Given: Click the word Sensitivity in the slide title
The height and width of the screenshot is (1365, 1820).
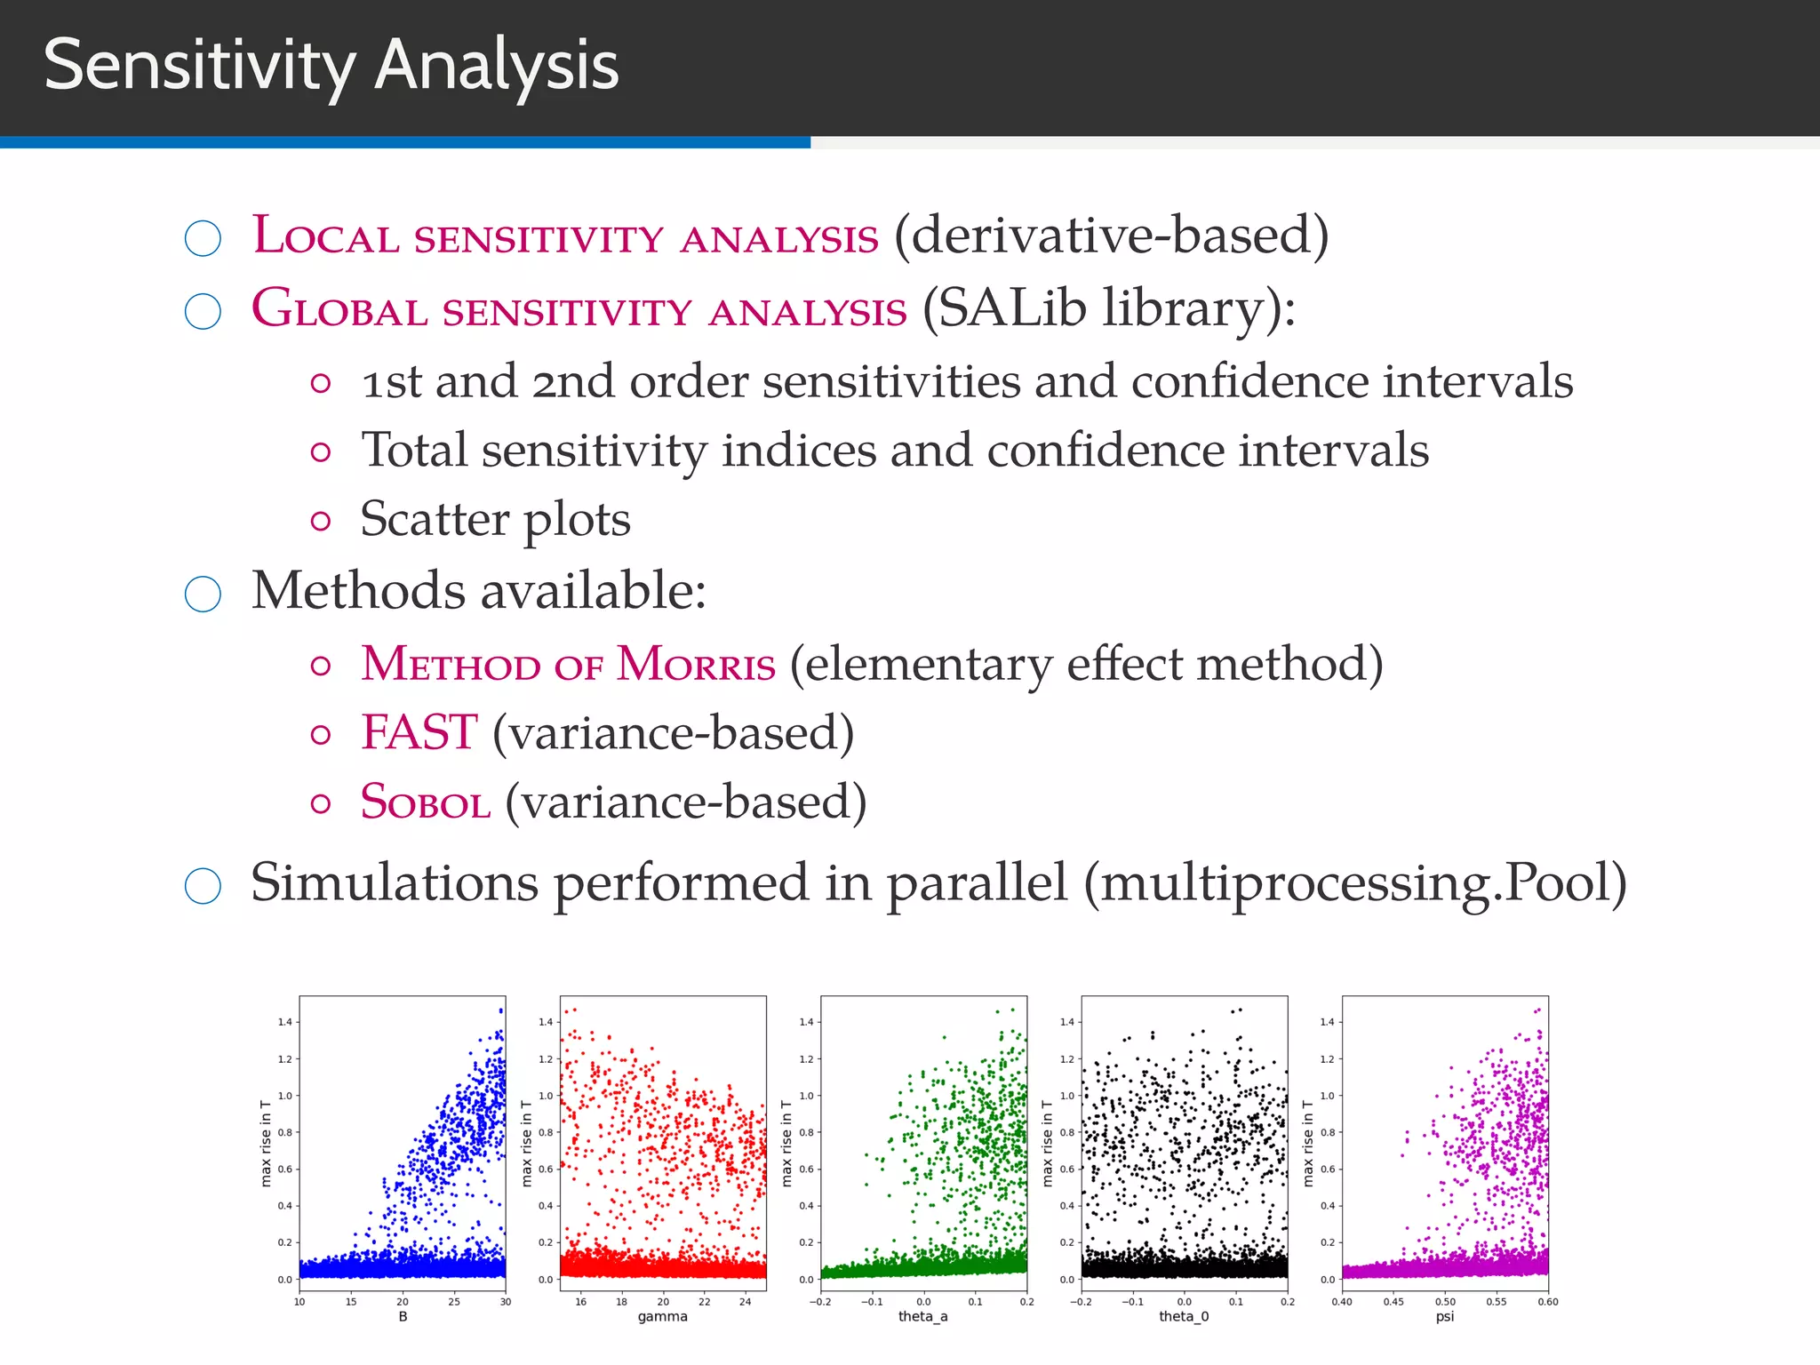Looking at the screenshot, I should (x=199, y=66).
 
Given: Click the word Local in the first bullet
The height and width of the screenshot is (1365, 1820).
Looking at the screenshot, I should (x=325, y=236).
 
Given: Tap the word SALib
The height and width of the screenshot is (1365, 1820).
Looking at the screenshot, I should (x=1012, y=308).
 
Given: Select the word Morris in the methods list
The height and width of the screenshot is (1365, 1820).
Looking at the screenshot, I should (x=696, y=665).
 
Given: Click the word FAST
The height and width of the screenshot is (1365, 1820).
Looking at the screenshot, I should (x=419, y=733).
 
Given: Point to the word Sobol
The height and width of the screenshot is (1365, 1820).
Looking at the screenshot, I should (x=425, y=802).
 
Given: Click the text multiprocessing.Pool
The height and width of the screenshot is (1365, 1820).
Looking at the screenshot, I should (x=1354, y=883).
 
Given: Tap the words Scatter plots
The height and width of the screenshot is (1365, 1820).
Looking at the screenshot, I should (x=495, y=519).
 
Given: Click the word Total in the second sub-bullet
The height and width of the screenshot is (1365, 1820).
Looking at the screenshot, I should (x=413, y=451).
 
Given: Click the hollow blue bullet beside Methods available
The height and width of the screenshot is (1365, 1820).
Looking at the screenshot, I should (x=203, y=594).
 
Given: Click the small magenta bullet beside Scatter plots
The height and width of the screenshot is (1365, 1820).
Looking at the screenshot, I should (x=321, y=521).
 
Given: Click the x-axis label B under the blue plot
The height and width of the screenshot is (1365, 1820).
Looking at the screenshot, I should (x=403, y=1316).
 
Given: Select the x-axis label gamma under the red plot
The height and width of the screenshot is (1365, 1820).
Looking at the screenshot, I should (x=662, y=1316).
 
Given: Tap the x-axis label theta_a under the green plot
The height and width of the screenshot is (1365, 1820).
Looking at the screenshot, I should (x=922, y=1316).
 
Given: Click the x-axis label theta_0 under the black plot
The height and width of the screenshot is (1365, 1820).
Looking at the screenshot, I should (x=1184, y=1316).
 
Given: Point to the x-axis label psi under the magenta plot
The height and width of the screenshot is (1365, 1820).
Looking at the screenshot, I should (x=1445, y=1316).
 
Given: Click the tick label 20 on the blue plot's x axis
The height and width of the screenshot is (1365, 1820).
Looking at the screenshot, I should (x=403, y=1302).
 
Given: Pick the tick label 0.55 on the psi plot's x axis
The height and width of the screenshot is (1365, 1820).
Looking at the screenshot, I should (x=1497, y=1302).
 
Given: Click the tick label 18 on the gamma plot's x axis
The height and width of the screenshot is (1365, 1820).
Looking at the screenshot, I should (x=622, y=1302).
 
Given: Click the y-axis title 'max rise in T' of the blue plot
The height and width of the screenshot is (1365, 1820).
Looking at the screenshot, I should (x=266, y=1143).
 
